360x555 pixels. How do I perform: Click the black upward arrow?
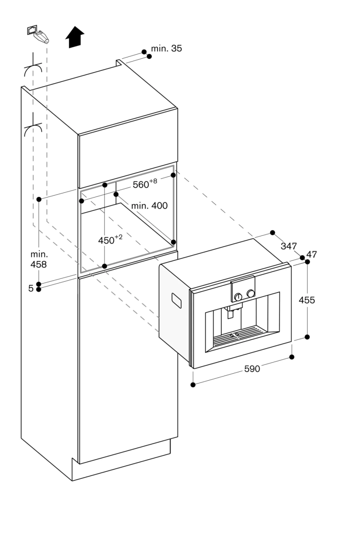pos(74,37)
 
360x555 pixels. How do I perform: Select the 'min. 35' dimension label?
pos(167,49)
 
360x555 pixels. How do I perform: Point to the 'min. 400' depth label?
pos(149,205)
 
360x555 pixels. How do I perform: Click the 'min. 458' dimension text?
pos(39,259)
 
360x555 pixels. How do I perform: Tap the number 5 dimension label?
pos(31,289)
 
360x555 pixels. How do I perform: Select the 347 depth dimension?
pos(288,246)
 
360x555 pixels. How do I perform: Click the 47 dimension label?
pos(311,254)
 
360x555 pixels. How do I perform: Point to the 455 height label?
pos(306,300)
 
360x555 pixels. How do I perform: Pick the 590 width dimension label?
pos(252,369)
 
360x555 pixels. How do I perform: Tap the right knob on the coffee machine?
pos(251,293)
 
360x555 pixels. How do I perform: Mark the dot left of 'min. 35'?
pos(144,52)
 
